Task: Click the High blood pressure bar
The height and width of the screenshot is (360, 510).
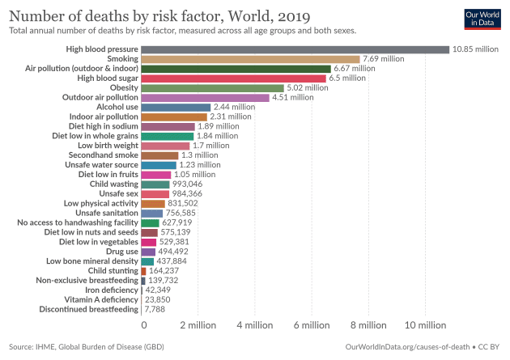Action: (x=295, y=49)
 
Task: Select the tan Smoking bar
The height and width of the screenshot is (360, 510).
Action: (x=250, y=59)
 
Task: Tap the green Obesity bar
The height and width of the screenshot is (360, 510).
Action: (x=212, y=87)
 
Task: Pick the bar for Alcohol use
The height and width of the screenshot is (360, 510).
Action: (x=176, y=107)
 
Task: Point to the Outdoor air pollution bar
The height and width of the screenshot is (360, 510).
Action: (x=205, y=97)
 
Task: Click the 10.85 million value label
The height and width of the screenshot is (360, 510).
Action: (x=475, y=49)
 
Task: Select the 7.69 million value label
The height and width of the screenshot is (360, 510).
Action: (x=384, y=59)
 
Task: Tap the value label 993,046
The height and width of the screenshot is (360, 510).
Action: (x=189, y=184)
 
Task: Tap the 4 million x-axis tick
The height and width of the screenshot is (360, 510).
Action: (x=255, y=325)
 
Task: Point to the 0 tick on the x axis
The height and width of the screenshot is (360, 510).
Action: (x=144, y=325)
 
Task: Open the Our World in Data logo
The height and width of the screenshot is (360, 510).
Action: (x=483, y=19)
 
